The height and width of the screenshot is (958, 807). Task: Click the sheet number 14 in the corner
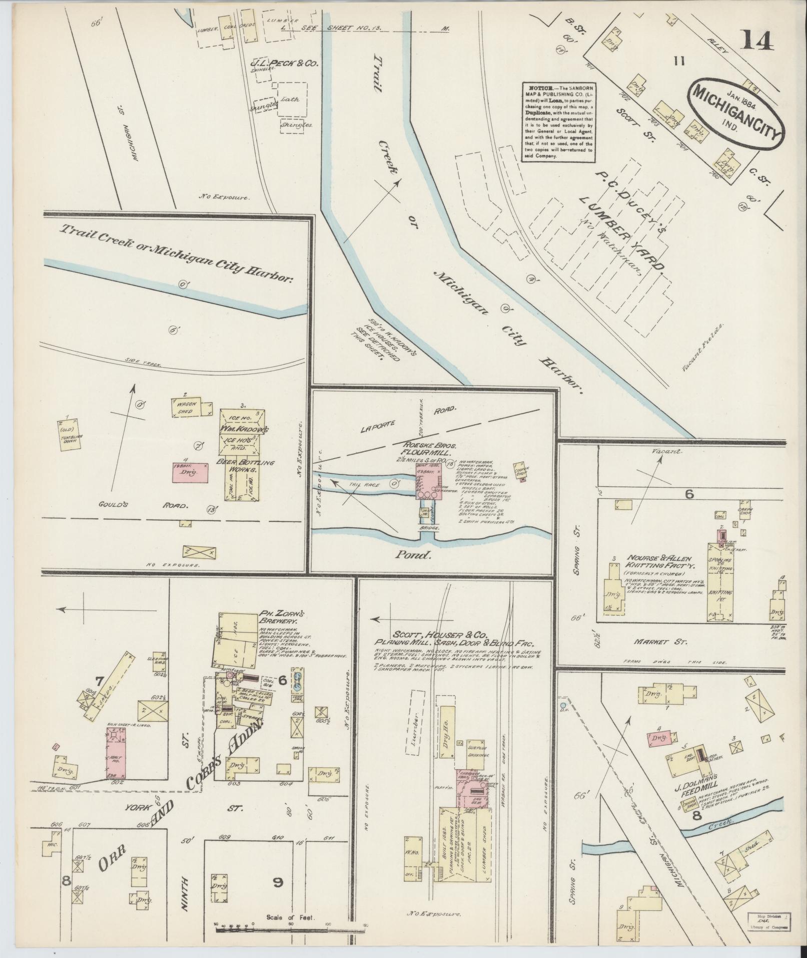(757, 41)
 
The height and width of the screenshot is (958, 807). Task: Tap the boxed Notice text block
(558, 122)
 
